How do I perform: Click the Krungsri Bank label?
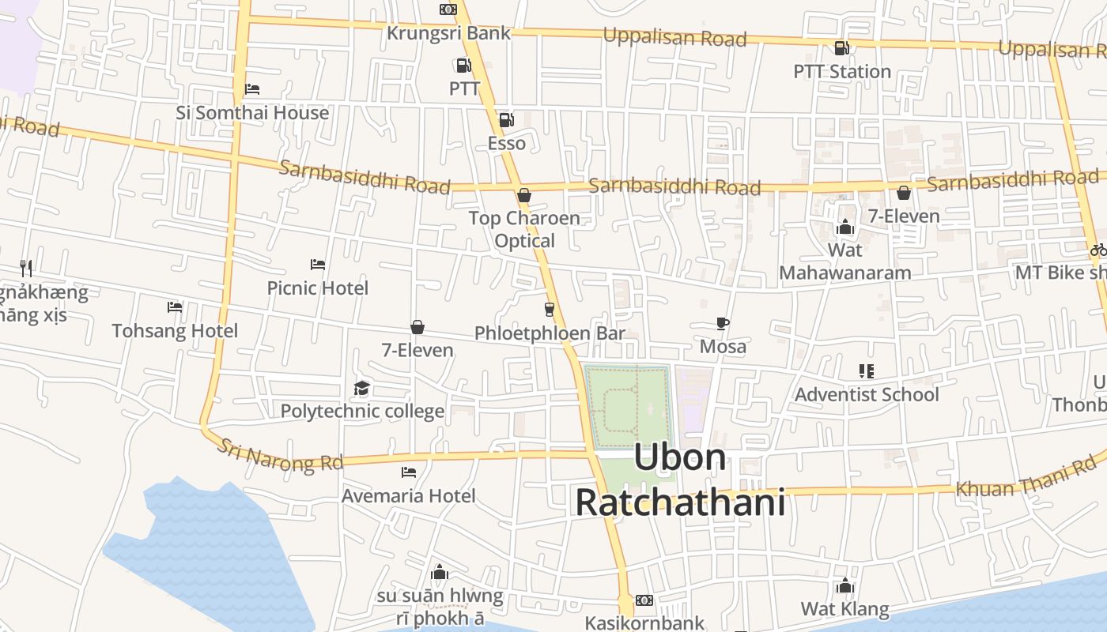[448, 33]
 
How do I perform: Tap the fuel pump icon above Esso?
[506, 120]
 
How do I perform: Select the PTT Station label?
[842, 71]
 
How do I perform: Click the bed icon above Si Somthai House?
[252, 88]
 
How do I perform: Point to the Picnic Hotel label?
[317, 288]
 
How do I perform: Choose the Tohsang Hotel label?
[175, 330]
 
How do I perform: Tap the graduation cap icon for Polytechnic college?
[362, 388]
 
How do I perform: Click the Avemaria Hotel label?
[408, 495]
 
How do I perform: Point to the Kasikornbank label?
[644, 623]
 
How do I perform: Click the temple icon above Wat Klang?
[844, 585]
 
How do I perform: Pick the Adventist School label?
[867, 394]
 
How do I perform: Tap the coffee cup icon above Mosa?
[722, 323]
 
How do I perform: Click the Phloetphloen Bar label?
[550, 333]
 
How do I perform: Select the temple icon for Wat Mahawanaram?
[844, 228]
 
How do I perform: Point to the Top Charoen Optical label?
[524, 229]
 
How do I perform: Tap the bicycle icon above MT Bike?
[1098, 250]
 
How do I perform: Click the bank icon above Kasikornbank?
[644, 600]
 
